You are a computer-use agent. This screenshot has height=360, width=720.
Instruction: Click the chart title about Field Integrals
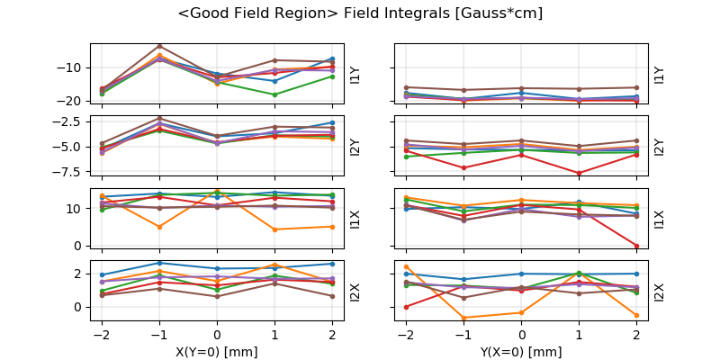(x=360, y=13)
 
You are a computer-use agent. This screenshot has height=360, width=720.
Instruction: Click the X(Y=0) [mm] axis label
(x=217, y=352)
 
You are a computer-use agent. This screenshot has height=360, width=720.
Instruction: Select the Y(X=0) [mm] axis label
(x=522, y=352)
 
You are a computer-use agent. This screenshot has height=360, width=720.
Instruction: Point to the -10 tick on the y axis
(x=72, y=67)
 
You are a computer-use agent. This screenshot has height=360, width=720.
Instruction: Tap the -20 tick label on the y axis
(x=72, y=100)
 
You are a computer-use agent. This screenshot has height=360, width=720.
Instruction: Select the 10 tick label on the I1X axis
(x=76, y=209)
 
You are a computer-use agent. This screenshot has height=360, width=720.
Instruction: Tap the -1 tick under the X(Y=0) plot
(x=159, y=335)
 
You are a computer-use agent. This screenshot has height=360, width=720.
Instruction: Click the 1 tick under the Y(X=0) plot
(x=580, y=335)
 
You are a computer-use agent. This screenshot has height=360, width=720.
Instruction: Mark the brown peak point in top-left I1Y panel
(x=159, y=46)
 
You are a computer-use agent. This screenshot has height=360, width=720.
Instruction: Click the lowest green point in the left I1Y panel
(x=274, y=94)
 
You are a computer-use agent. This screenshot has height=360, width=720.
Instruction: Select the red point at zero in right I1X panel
(x=637, y=246)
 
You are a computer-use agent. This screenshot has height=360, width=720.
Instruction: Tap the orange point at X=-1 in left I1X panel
(x=159, y=227)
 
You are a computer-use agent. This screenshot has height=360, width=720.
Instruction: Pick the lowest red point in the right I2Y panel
(x=580, y=173)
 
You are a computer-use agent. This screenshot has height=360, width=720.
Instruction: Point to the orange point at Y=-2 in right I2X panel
(x=407, y=266)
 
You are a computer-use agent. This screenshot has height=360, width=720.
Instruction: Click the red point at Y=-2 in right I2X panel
(x=407, y=307)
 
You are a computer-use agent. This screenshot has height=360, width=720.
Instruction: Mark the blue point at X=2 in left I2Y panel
(x=332, y=122)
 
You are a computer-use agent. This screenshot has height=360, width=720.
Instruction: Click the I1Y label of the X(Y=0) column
(x=355, y=75)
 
